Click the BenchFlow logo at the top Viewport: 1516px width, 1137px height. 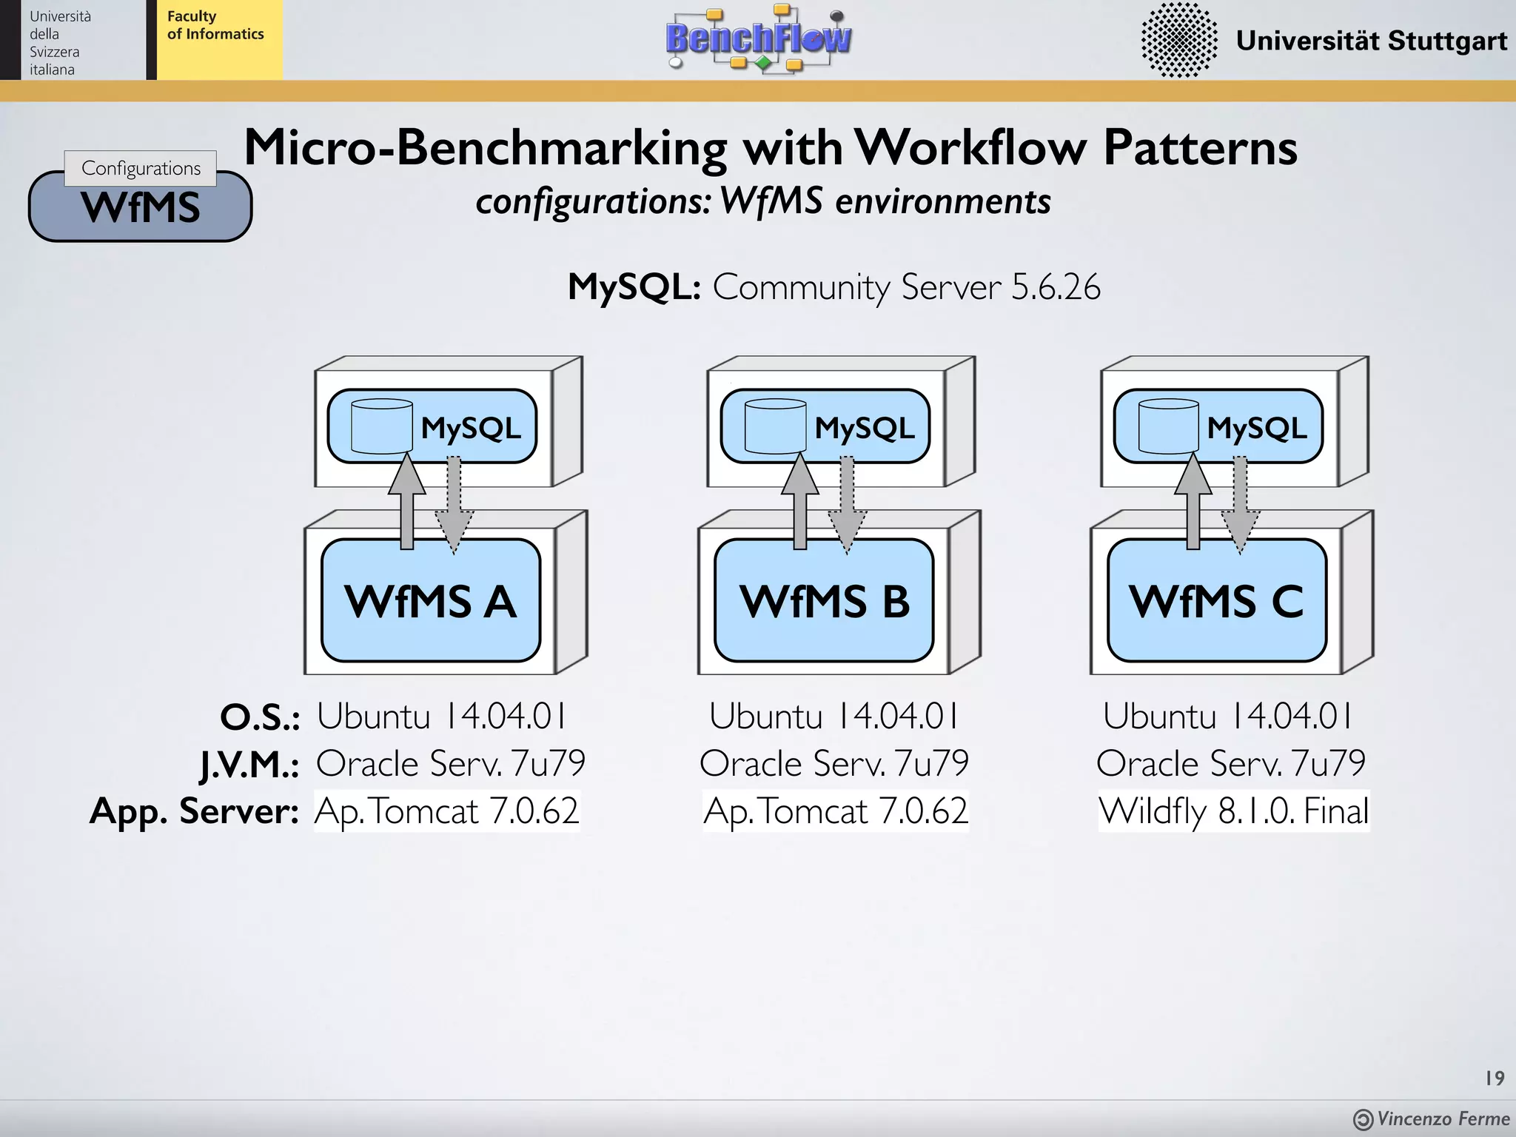(759, 38)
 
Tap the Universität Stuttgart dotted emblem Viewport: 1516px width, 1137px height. (1179, 40)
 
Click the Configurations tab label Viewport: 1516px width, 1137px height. (141, 168)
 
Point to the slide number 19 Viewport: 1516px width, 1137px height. (1495, 1078)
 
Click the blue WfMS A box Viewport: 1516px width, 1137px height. (431, 600)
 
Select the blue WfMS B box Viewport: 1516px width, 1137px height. (824, 600)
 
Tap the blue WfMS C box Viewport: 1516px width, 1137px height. (1217, 600)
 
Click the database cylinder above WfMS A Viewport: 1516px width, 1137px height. (381, 426)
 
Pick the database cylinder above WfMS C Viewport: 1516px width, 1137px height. (1168, 426)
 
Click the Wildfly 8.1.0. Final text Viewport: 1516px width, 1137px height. (1234, 811)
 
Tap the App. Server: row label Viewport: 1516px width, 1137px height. (194, 811)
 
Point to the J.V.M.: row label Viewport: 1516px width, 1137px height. (249, 763)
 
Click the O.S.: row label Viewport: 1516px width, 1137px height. (260, 717)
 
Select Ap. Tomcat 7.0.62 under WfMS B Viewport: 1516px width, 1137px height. (835, 811)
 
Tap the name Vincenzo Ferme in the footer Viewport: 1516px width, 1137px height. (1443, 1118)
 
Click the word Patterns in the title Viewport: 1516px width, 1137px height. (1200, 147)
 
